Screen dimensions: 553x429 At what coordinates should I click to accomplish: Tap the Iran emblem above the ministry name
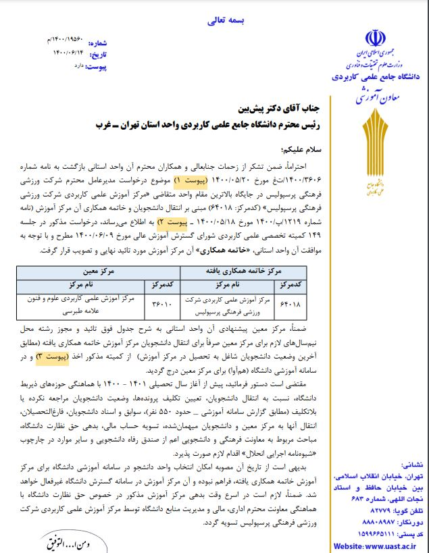(x=373, y=38)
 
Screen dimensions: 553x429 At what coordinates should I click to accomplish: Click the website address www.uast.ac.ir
(x=380, y=544)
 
